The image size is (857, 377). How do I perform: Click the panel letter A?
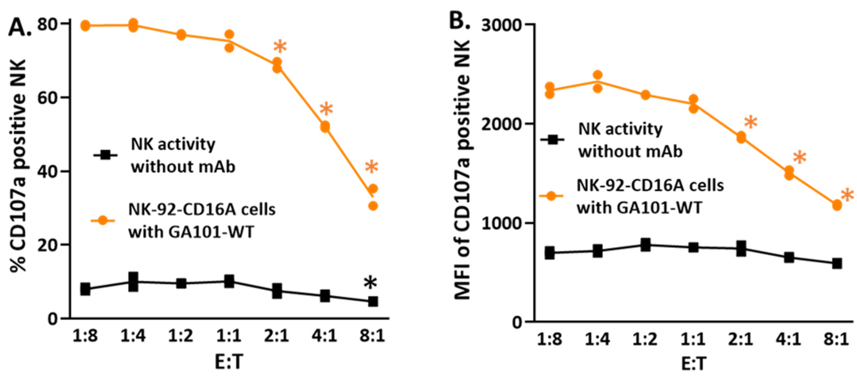click(x=19, y=27)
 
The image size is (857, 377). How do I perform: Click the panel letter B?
click(x=459, y=21)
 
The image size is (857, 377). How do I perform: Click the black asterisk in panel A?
click(x=370, y=284)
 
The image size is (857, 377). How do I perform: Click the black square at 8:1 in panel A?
click(x=373, y=302)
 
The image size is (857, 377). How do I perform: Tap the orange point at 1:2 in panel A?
click(x=181, y=35)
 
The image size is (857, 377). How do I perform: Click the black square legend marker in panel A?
click(x=105, y=155)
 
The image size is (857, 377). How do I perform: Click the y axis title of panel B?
click(x=463, y=170)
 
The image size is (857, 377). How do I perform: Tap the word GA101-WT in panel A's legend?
click(x=211, y=232)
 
